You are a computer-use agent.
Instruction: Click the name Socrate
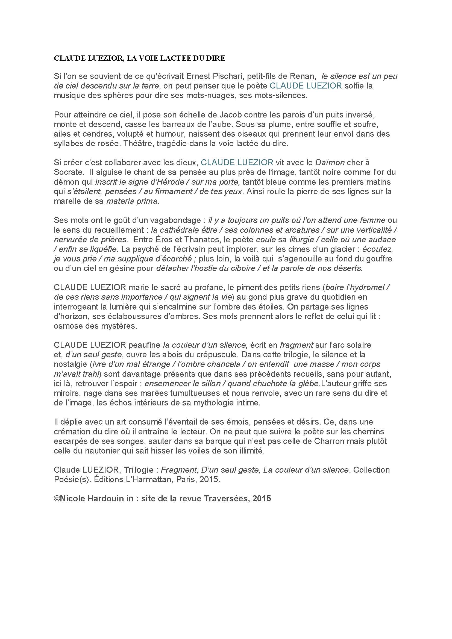[67, 172]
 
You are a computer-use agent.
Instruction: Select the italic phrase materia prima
[132, 201]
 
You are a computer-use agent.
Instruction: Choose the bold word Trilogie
[139, 470]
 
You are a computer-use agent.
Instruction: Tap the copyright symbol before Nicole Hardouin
[57, 499]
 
